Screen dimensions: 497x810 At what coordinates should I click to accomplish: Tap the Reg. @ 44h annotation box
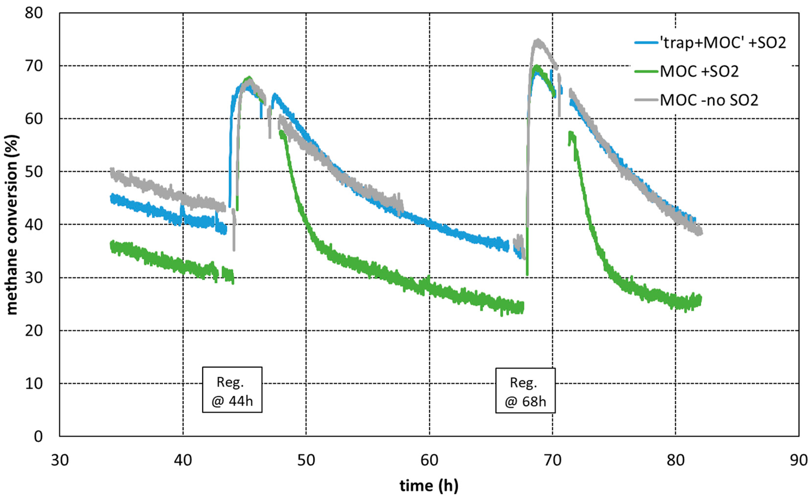[232, 390]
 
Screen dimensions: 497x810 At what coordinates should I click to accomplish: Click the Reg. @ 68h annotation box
[525, 390]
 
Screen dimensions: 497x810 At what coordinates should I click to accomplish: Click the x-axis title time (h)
[429, 486]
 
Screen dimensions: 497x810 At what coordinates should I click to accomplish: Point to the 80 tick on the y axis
[34, 13]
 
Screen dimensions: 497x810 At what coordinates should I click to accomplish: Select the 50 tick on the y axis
[34, 172]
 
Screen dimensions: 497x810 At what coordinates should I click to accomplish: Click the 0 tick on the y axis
[38, 437]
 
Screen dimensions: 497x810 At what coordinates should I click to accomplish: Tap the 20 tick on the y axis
[34, 331]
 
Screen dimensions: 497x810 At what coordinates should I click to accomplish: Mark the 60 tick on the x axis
[429, 460]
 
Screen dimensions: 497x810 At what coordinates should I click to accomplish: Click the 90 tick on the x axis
[798, 460]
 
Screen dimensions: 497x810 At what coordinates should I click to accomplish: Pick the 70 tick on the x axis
[553, 460]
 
